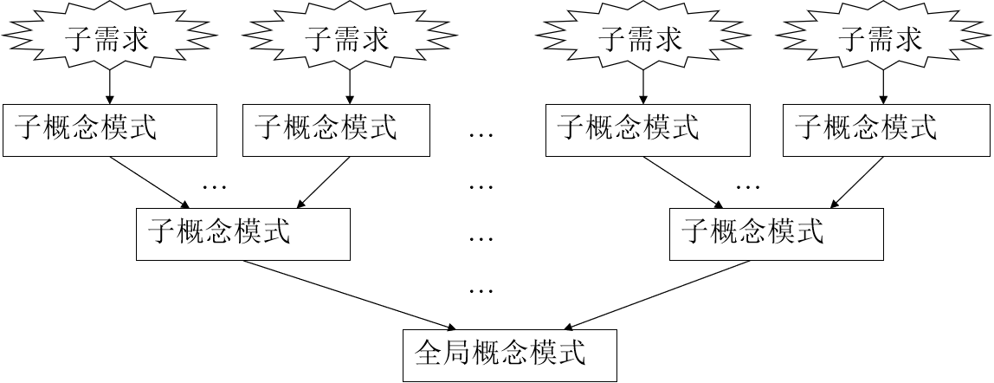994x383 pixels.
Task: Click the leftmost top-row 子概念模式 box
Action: pyautogui.click(x=109, y=131)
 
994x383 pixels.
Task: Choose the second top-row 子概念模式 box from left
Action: pyautogui.click(x=336, y=131)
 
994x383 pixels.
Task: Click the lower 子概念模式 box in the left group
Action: pyautogui.click(x=242, y=234)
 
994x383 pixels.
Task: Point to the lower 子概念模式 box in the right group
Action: pyautogui.click(x=777, y=234)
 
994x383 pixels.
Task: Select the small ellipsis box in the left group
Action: pyautogui.click(x=229, y=174)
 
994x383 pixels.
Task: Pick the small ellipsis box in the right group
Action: pyautogui.click(x=762, y=174)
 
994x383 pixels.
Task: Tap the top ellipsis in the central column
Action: pyautogui.click(x=481, y=134)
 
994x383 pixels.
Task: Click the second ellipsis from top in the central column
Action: pyautogui.click(x=481, y=185)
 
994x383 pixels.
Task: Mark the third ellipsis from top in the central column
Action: pyautogui.click(x=481, y=237)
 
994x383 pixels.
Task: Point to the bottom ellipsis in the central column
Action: pyautogui.click(x=481, y=289)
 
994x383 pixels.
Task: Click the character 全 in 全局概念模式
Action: pyautogui.click(x=430, y=354)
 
